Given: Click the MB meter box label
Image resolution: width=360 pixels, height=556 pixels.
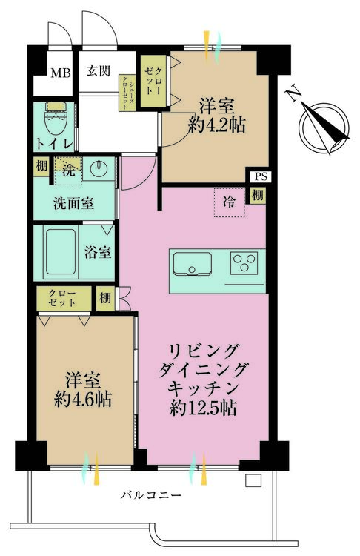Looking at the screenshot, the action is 61,73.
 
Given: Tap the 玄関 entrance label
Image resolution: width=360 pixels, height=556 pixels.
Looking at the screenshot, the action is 99,71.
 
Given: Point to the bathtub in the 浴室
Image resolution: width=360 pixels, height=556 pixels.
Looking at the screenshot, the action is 61,252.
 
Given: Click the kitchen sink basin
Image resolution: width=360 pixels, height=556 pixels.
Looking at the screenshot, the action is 192,264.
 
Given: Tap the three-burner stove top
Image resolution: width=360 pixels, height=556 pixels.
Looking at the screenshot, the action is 244,262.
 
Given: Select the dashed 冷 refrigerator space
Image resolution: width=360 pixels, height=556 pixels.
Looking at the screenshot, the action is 229,202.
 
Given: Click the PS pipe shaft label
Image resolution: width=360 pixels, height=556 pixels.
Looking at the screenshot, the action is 261,176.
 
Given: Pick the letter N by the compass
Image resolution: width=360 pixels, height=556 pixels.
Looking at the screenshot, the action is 294,95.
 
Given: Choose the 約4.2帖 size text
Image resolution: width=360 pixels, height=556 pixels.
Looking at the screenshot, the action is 217,125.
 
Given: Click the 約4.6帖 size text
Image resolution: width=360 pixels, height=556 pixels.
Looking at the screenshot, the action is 83,399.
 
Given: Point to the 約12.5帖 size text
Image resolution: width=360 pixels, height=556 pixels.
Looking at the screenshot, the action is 203,408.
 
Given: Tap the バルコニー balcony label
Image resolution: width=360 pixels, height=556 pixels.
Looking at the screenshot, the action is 151,494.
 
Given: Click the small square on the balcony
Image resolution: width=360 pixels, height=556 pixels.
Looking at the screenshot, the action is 253,480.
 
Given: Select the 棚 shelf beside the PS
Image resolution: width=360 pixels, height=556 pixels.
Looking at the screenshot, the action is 258,196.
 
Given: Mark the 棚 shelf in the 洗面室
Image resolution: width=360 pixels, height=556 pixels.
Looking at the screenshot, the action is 41,166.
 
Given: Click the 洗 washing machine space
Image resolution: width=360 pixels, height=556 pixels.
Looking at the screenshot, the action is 69,171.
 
